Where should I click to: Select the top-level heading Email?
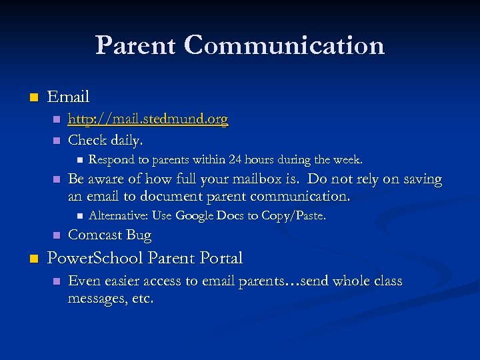(x=69, y=97)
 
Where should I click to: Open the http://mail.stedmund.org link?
(x=148, y=119)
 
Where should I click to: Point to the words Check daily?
(x=105, y=140)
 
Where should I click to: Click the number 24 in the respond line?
(x=236, y=160)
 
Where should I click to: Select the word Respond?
(x=111, y=160)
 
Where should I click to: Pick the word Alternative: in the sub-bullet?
(x=118, y=215)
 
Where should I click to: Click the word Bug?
(x=139, y=235)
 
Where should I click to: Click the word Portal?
(x=220, y=258)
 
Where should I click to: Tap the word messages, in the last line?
(x=95, y=299)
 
